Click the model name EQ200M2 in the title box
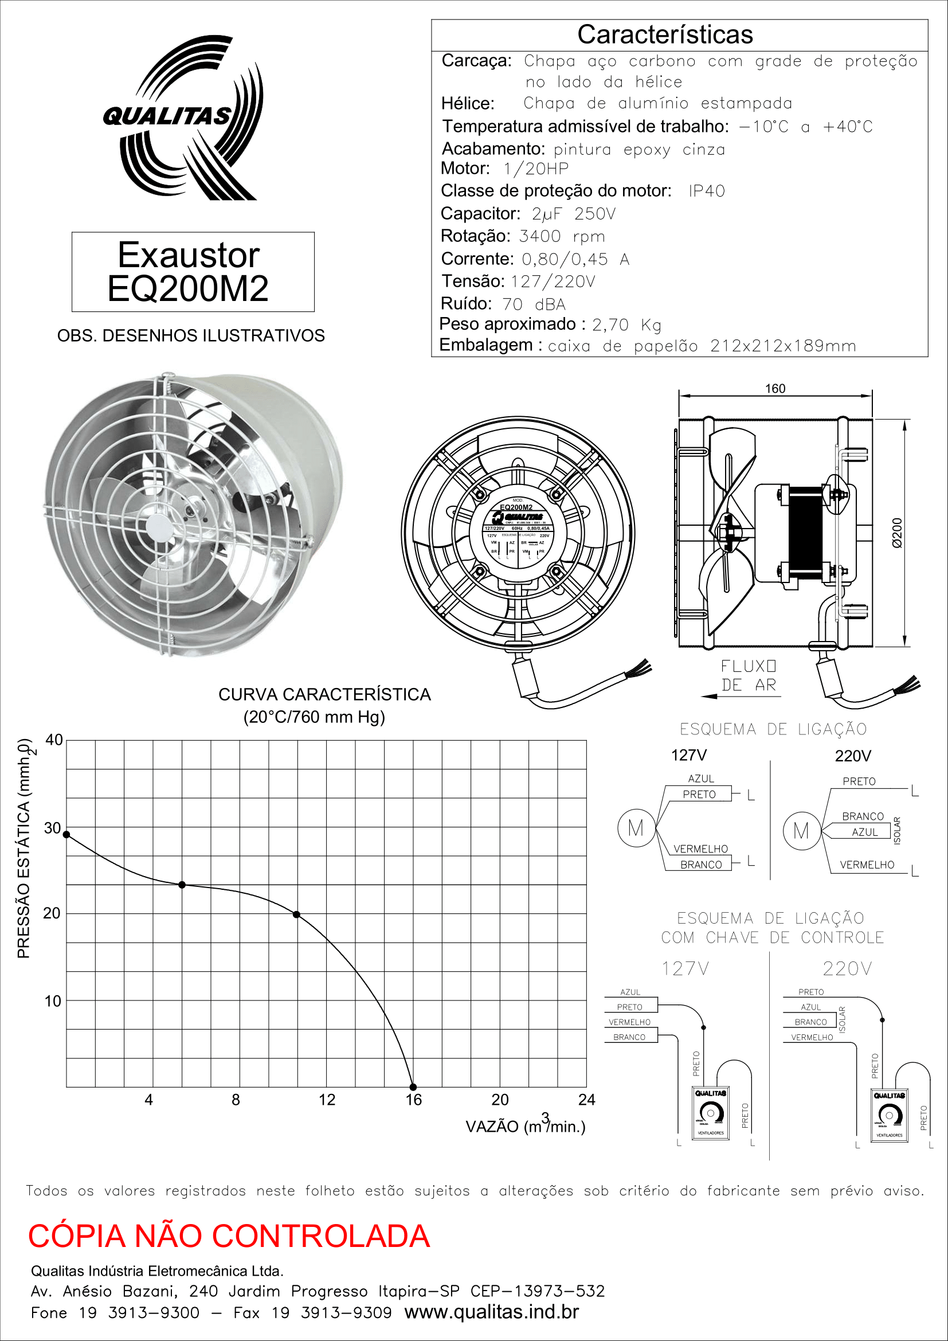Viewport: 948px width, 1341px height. (188, 288)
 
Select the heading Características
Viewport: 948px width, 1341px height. (665, 34)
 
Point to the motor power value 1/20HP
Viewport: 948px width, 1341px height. (536, 169)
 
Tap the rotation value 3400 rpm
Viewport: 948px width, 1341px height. (562, 237)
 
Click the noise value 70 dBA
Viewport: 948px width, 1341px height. (534, 304)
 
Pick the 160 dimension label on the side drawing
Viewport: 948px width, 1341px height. (775, 388)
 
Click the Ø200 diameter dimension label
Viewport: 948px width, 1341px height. (897, 533)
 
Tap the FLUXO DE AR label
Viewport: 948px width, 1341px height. (749, 676)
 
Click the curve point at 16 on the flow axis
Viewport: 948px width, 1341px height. (413, 1087)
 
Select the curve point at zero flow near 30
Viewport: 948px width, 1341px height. (66, 835)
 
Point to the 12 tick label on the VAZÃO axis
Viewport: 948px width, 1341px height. (327, 1100)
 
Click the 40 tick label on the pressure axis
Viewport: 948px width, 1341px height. (54, 740)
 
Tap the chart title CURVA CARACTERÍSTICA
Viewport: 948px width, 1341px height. (324, 694)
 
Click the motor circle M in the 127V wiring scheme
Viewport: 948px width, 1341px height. (636, 828)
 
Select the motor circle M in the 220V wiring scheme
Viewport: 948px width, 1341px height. (801, 831)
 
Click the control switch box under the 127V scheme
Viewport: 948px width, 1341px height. (710, 1113)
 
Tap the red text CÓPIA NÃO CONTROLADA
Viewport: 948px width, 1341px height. (229, 1236)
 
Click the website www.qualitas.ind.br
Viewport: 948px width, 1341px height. (492, 1312)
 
